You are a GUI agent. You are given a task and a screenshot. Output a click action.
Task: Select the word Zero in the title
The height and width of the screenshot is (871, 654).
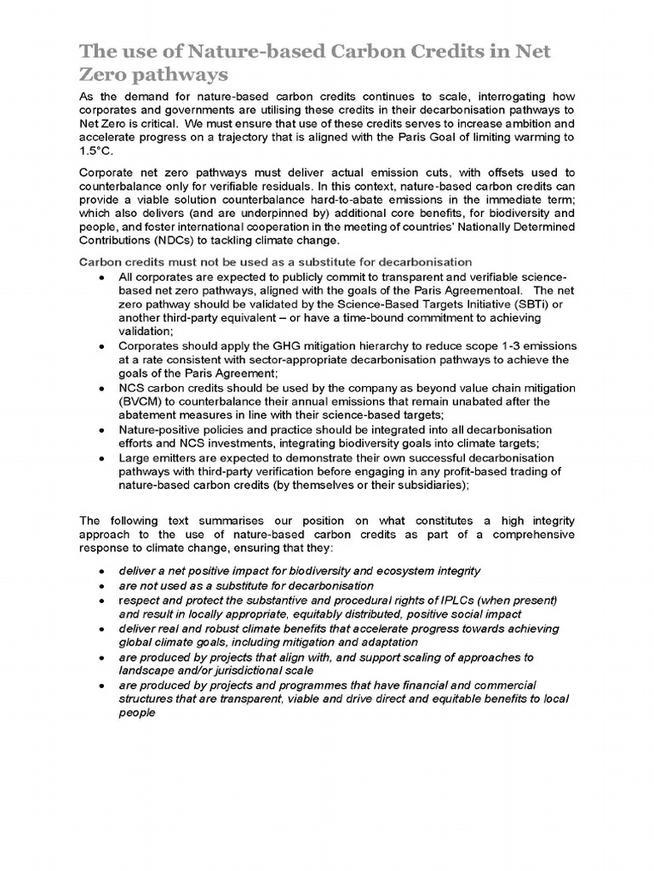point(104,74)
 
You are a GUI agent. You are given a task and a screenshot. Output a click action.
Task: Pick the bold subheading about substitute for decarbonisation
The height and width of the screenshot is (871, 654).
point(276,262)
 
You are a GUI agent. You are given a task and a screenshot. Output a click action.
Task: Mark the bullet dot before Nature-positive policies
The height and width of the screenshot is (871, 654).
point(101,430)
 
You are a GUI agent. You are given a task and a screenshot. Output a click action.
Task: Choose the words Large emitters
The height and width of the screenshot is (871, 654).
point(157,457)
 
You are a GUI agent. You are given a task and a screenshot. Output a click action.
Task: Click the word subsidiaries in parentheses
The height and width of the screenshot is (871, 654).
point(427,484)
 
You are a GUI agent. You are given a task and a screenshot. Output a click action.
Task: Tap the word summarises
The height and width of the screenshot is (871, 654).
point(240,520)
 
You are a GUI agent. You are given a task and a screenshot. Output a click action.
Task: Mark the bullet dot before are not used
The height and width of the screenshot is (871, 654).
point(101,586)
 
